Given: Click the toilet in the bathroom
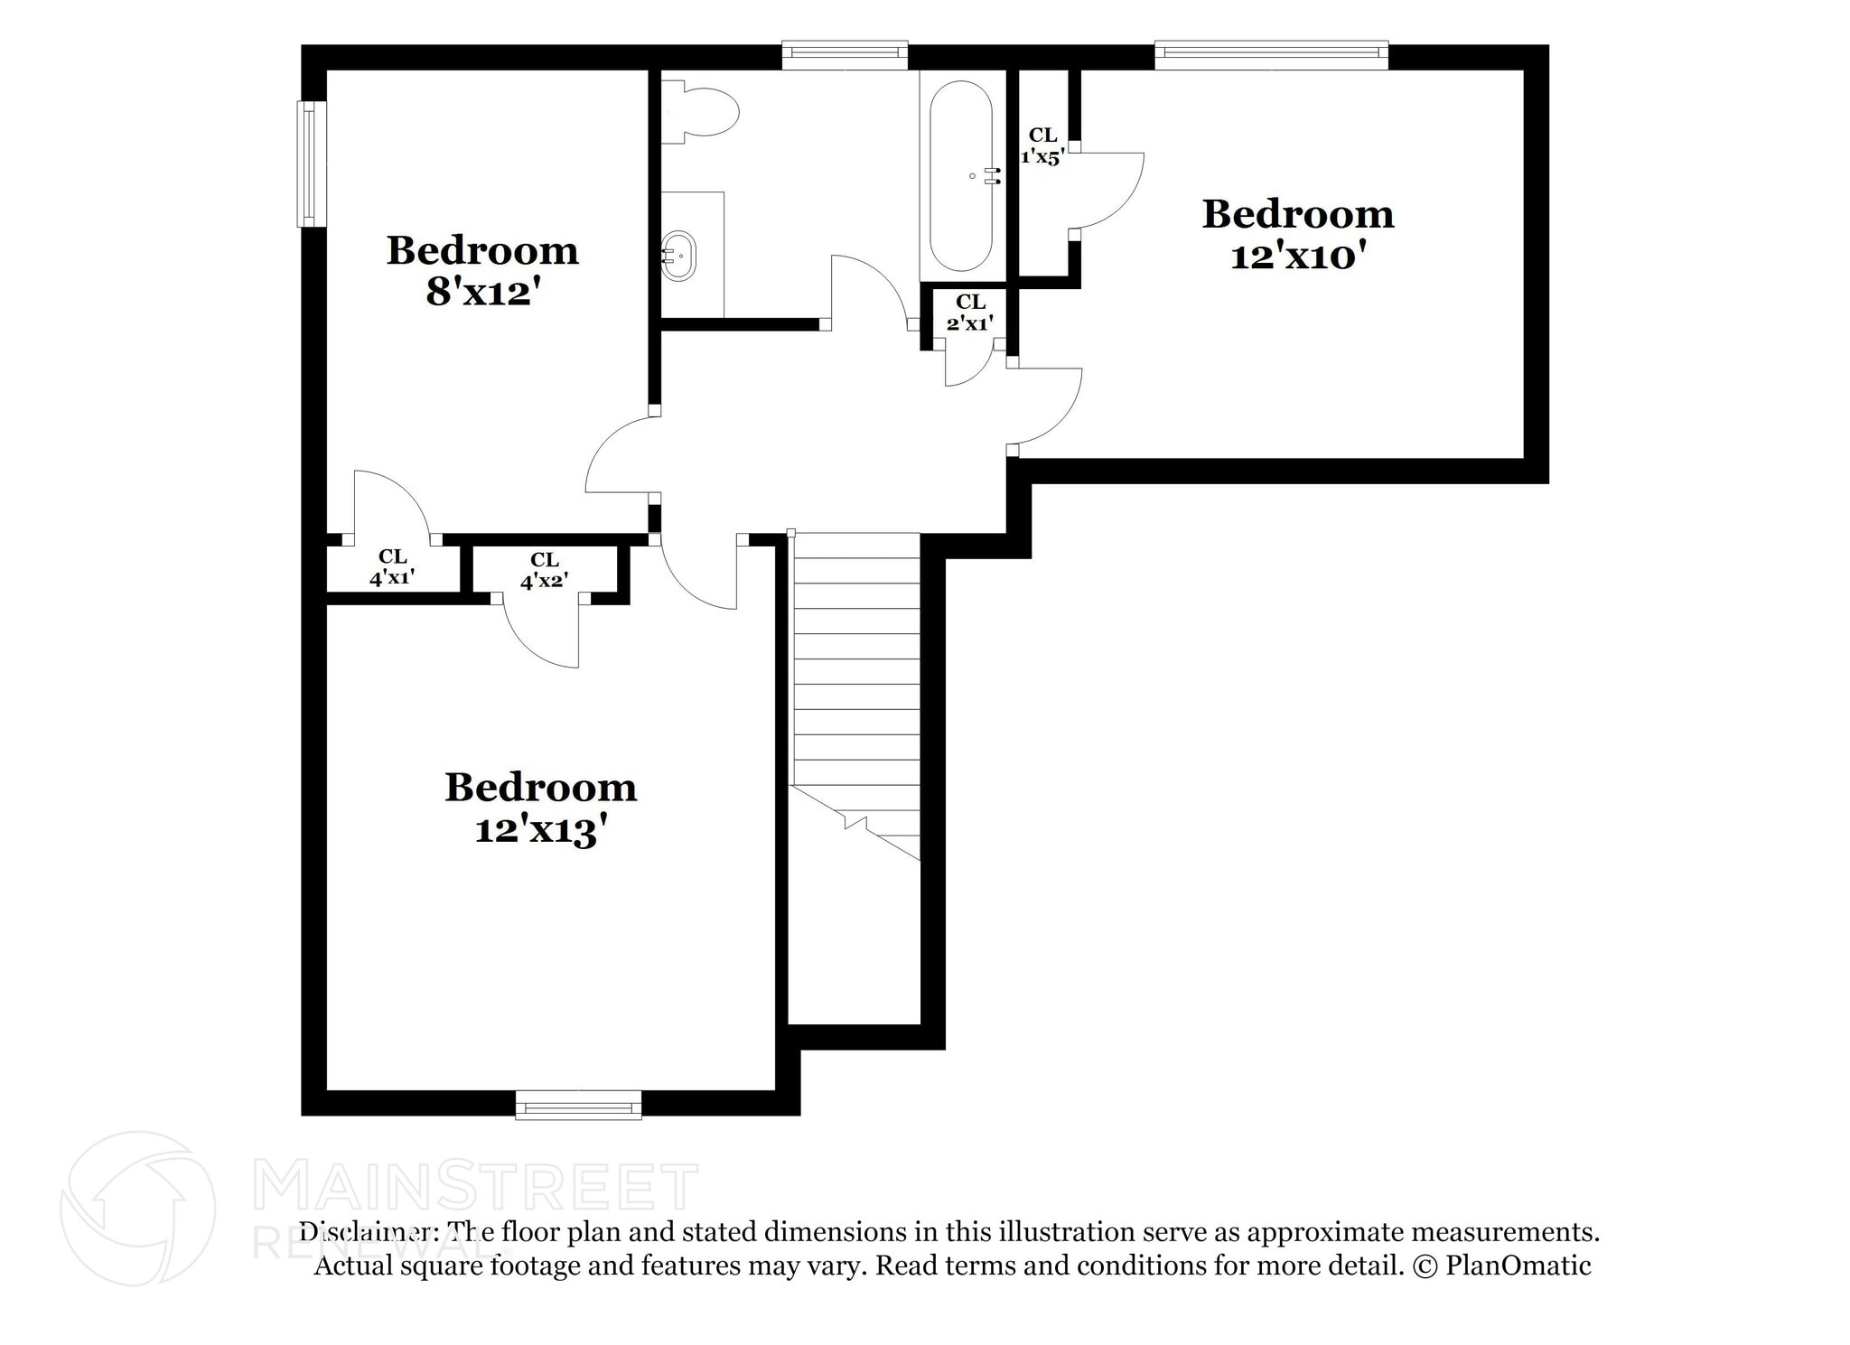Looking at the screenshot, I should coord(701,112).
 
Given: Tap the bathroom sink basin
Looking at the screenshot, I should coord(678,257).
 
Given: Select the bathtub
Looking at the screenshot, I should coord(961,176).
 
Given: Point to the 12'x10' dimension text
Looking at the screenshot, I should coord(1297,257).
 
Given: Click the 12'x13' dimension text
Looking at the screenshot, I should coord(539,830).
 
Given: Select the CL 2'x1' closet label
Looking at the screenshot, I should coord(970,313).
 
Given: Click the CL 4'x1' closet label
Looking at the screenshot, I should coord(392,567).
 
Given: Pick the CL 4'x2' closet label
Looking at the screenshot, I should coord(544,571).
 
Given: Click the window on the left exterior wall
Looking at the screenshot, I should coord(311,163).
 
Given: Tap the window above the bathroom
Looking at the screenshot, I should coord(844,54).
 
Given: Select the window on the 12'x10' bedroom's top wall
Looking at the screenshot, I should coord(1270,54).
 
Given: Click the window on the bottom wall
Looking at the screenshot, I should coord(578,1104).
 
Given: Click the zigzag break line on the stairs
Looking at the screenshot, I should coord(855,823).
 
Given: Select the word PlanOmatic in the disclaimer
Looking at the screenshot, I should coord(1518,1266).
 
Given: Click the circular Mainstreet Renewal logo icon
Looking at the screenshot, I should coord(138,1208).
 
